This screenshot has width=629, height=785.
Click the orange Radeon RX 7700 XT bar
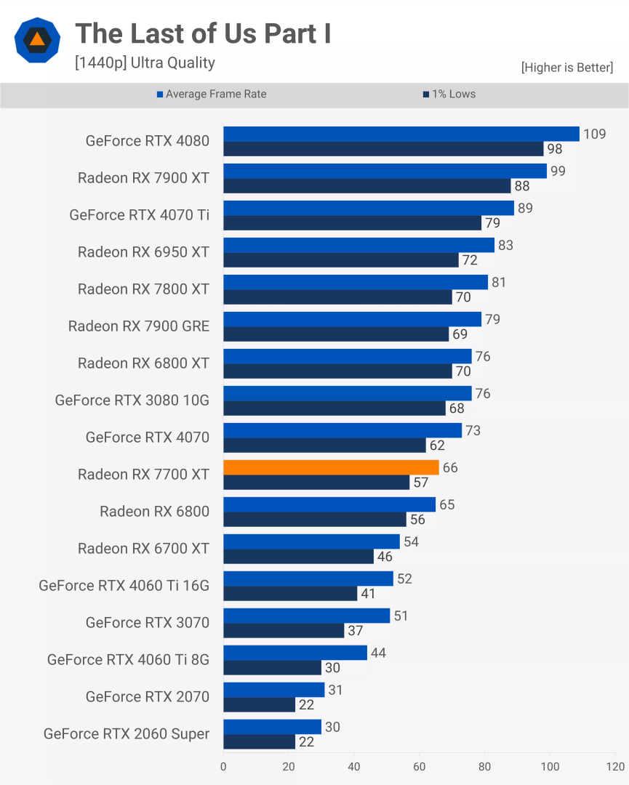(331, 467)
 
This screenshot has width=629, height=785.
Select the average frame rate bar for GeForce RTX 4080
(401, 134)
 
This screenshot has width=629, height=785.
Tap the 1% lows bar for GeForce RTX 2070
(259, 705)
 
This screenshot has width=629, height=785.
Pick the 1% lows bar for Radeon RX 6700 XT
(298, 557)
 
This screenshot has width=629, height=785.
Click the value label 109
(594, 134)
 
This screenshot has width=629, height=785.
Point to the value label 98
(555, 149)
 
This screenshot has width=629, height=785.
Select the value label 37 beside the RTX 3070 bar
(355, 631)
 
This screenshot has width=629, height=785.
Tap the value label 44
(378, 653)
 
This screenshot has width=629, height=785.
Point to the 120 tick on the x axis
(615, 767)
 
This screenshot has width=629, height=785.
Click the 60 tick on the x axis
(420, 767)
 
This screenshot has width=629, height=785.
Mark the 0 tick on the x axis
(223, 767)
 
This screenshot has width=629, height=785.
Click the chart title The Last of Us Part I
(203, 33)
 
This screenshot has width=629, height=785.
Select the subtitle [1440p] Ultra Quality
(145, 63)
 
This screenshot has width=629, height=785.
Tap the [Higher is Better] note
(566, 68)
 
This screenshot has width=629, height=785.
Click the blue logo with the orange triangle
(37, 41)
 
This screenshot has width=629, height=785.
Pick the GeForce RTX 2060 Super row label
(127, 734)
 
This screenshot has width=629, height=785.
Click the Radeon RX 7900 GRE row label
(139, 326)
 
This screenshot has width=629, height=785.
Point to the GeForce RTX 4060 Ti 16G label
(124, 586)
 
